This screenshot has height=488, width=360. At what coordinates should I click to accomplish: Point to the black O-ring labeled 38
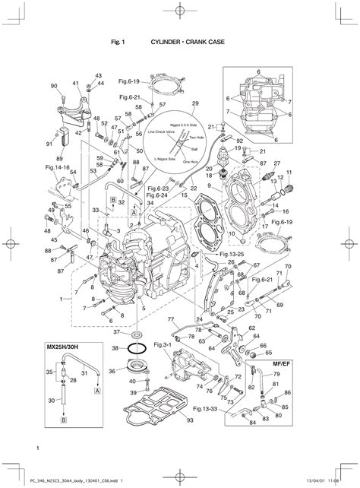tap(136, 348)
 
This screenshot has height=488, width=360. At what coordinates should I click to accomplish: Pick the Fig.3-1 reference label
tap(162, 346)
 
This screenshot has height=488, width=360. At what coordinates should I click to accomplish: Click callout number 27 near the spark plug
tap(277, 163)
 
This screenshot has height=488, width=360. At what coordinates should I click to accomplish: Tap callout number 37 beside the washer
tap(116, 332)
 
